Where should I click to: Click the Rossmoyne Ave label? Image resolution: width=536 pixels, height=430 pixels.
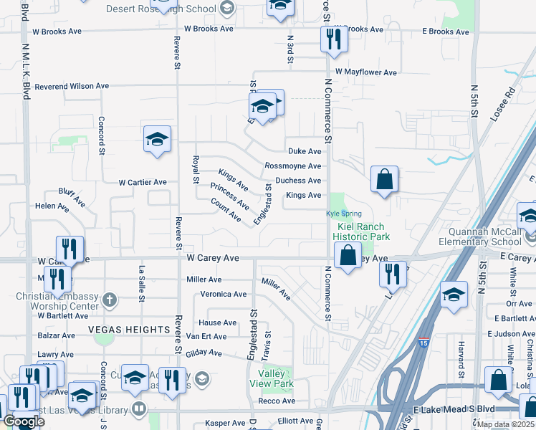[x=293, y=166]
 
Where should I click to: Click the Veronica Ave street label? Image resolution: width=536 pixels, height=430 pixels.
[x=223, y=294]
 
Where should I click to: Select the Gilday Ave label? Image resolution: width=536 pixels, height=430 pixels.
[x=204, y=352]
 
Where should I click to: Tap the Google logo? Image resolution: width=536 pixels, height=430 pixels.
[x=24, y=421]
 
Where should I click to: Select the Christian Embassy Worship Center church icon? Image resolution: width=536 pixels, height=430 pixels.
[x=110, y=299]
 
